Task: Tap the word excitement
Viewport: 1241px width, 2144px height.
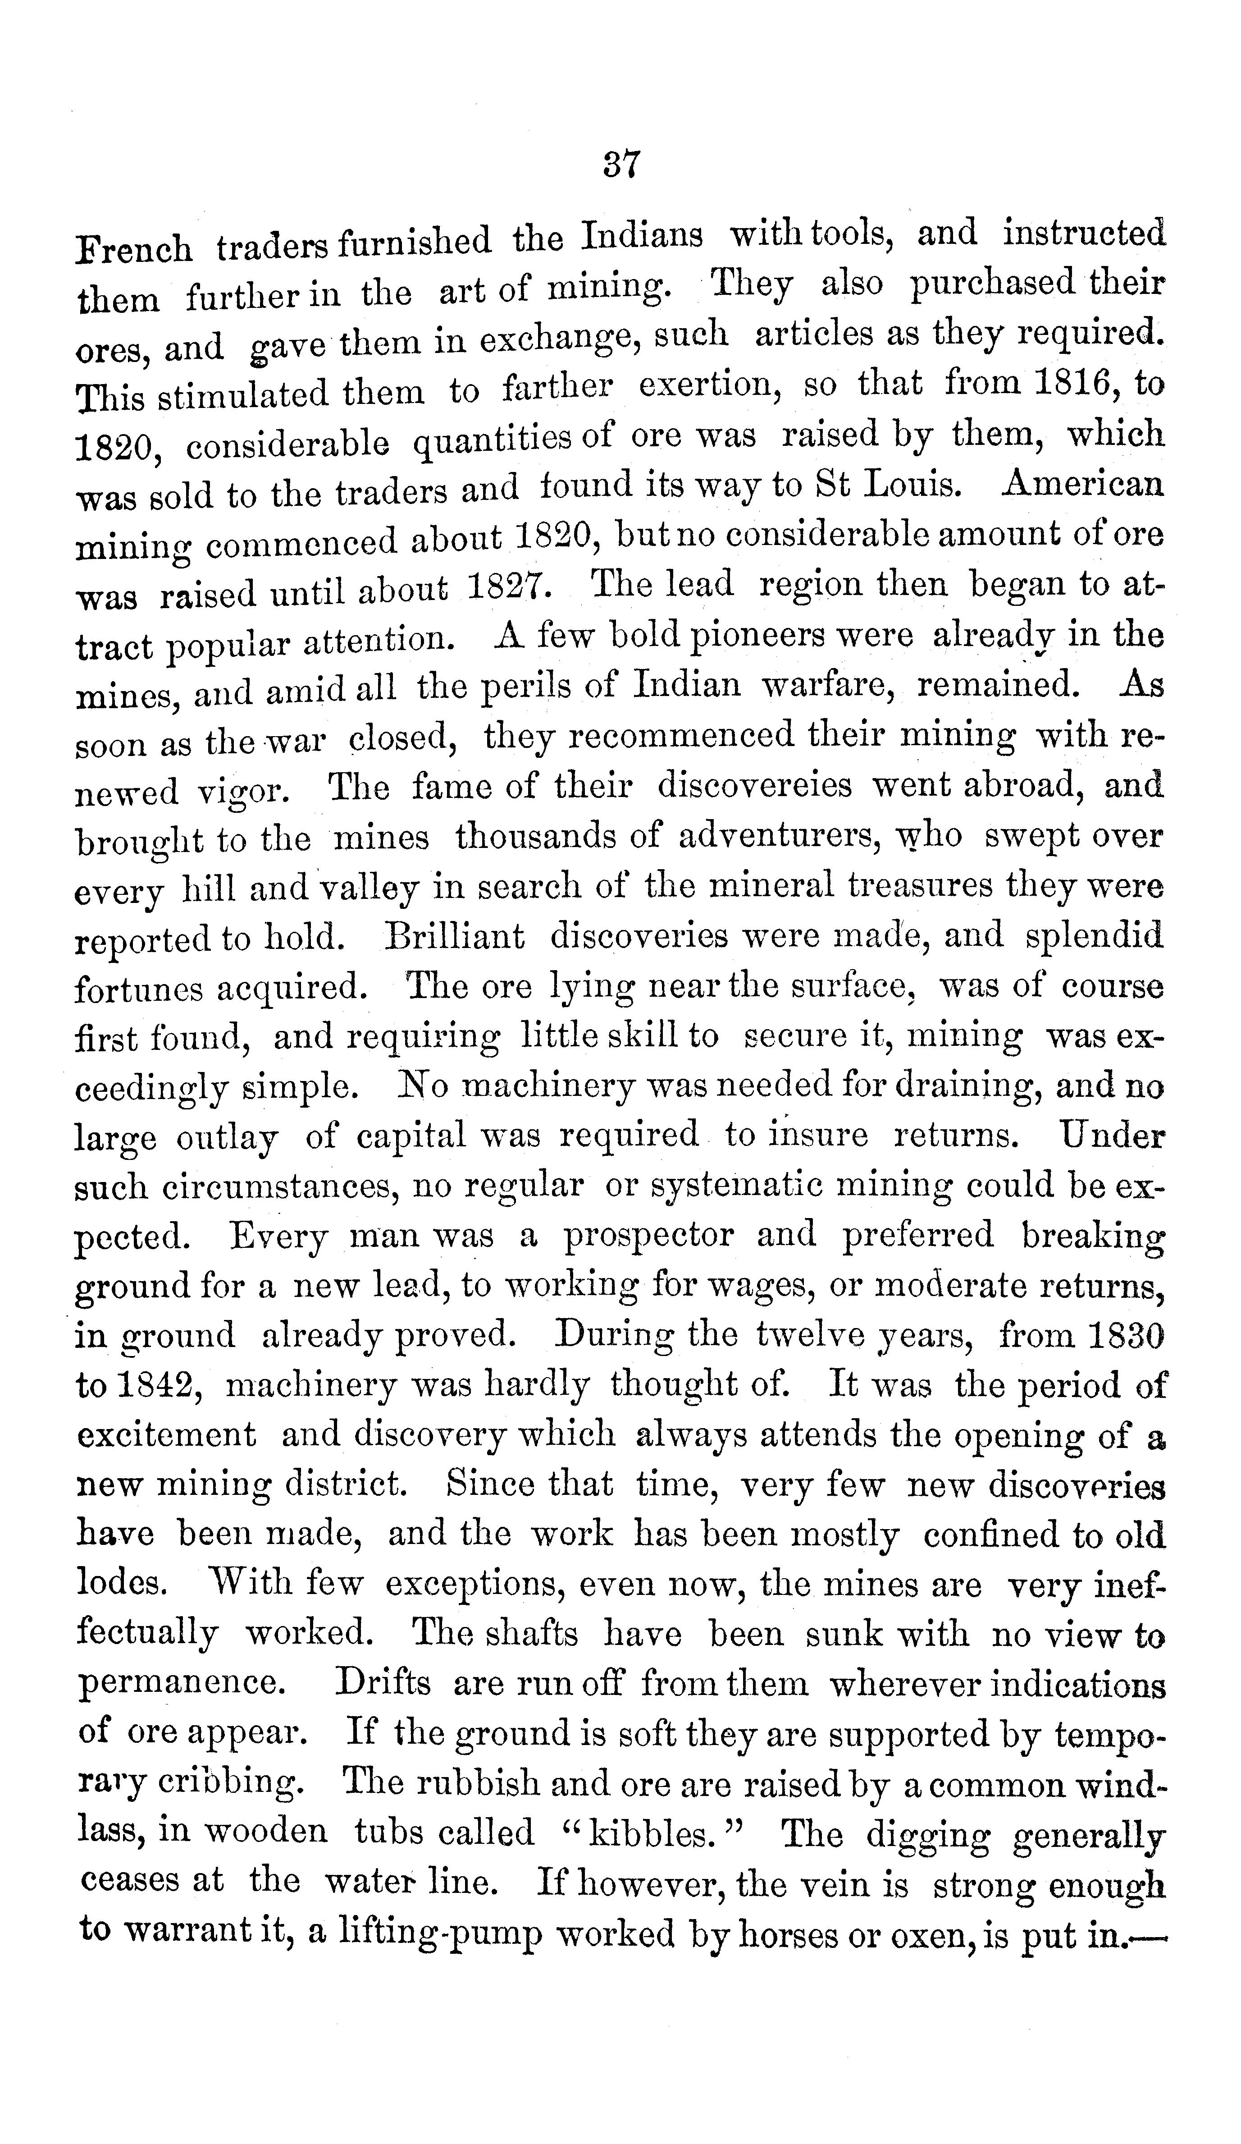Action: pos(167,1435)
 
